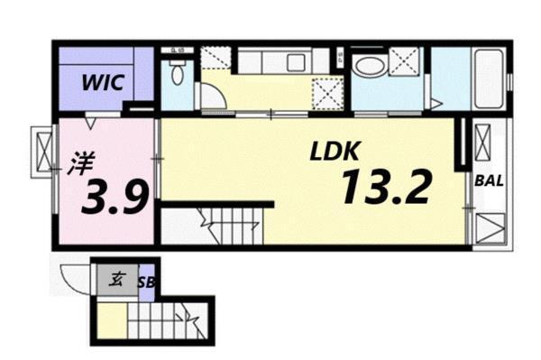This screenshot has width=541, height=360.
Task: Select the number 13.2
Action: [x=386, y=186]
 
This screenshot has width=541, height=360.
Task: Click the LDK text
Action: [x=333, y=152]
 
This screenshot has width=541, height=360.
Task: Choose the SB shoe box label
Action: [x=146, y=282]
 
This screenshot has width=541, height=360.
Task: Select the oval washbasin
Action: [x=367, y=64]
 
